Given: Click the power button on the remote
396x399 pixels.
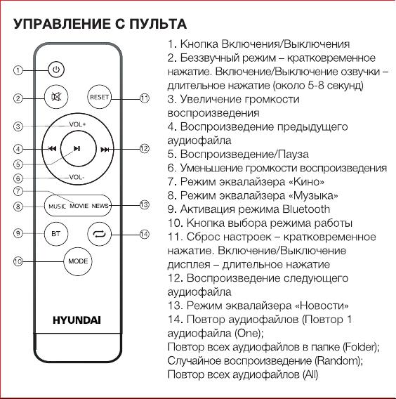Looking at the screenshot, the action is [x=56, y=70].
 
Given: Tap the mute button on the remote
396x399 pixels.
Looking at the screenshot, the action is [x=56, y=97].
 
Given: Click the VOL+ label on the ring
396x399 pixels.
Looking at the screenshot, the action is [x=77, y=124].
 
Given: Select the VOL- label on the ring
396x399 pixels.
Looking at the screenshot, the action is [x=77, y=177].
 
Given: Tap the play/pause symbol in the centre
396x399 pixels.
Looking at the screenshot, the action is [x=77, y=149].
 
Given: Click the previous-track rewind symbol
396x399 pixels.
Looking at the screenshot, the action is [x=52, y=149].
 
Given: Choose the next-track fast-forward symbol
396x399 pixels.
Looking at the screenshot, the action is [x=105, y=150].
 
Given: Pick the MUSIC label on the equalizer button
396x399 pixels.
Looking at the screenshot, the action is [x=58, y=207].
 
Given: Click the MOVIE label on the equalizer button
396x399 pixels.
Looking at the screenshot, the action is [x=79, y=206].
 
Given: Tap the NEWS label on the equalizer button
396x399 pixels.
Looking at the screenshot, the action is [x=100, y=206].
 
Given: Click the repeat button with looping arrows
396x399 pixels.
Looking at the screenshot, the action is [x=100, y=234].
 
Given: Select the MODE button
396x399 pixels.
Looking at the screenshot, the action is [x=78, y=261].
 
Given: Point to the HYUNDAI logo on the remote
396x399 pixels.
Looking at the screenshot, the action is [x=77, y=320].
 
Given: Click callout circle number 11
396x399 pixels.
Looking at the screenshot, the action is [x=145, y=98].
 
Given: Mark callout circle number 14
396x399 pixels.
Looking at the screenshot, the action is [x=144, y=234].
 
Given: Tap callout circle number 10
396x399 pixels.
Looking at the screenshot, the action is [x=18, y=261].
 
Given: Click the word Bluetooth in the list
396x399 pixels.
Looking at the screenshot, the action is [x=306, y=209].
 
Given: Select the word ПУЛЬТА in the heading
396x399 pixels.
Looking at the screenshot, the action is [x=158, y=24].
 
